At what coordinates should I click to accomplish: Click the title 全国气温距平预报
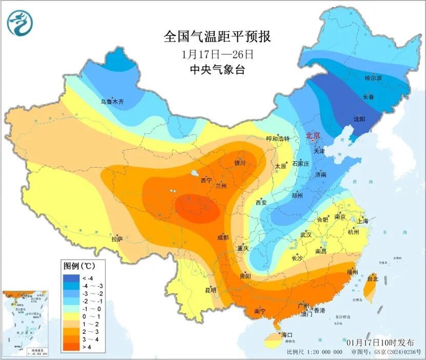coord(216,36)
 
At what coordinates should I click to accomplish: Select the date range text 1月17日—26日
coord(217,53)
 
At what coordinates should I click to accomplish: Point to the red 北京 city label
coord(313,135)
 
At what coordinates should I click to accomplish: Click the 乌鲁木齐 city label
coord(112,102)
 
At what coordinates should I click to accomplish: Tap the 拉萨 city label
coord(117,238)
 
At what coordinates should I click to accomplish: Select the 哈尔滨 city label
coord(373,78)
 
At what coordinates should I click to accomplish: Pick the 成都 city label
coord(222,237)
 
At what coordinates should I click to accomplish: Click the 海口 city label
coord(287,335)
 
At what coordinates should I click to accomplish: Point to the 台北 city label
coord(372,279)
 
